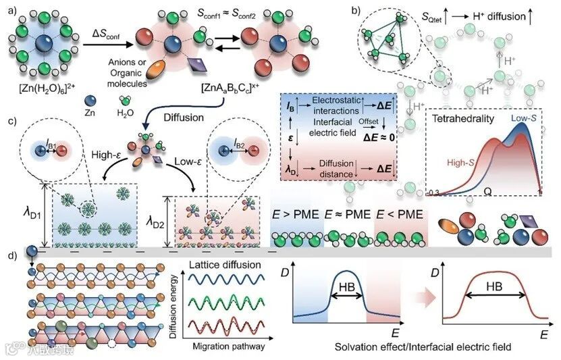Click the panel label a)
click(x=12, y=10)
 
